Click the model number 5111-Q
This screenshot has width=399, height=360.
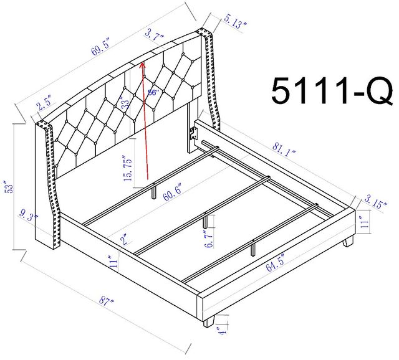[x=332, y=92]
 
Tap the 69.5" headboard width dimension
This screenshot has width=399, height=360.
[x=100, y=47]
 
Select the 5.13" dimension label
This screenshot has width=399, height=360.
[x=235, y=22]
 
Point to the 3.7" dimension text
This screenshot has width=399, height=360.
[x=154, y=36]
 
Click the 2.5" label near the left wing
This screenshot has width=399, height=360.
[x=44, y=102]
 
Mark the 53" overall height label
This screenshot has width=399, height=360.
[x=9, y=187]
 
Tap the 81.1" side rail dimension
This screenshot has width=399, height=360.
[x=284, y=150]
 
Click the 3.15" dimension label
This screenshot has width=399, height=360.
[x=376, y=201]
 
